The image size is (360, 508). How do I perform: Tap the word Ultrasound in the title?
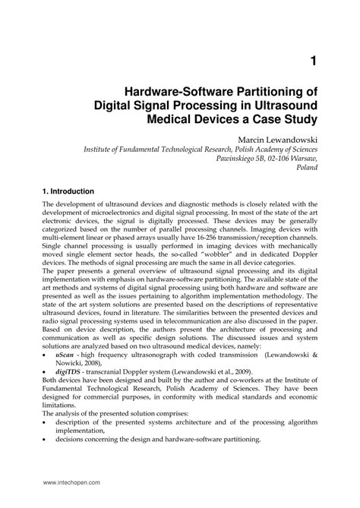click(279, 105)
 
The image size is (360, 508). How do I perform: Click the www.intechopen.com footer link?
click(74, 482)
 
